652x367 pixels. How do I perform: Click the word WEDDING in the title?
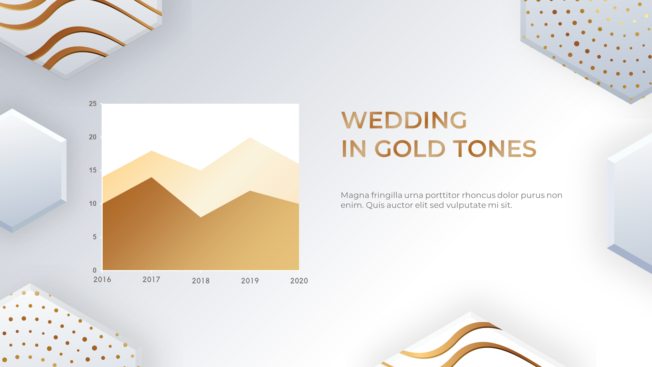click(404, 120)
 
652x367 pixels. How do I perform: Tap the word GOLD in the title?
click(410, 149)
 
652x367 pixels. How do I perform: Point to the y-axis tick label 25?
click(93, 104)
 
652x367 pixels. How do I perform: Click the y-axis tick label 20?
click(93, 137)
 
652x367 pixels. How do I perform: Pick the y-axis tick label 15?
click(93, 170)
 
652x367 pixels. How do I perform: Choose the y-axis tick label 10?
click(93, 204)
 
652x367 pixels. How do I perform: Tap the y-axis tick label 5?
click(95, 237)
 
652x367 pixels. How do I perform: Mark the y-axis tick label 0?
click(95, 270)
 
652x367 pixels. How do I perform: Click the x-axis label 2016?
click(102, 280)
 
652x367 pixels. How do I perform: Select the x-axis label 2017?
click(151, 280)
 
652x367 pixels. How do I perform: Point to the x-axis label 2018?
click(201, 281)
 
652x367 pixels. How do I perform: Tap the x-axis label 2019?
click(250, 281)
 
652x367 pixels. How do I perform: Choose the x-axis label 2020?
click(299, 281)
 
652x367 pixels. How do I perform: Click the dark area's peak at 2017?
click(152, 177)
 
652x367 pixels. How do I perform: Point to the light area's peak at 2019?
click(250, 138)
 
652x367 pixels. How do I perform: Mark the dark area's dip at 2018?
click(201, 217)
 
